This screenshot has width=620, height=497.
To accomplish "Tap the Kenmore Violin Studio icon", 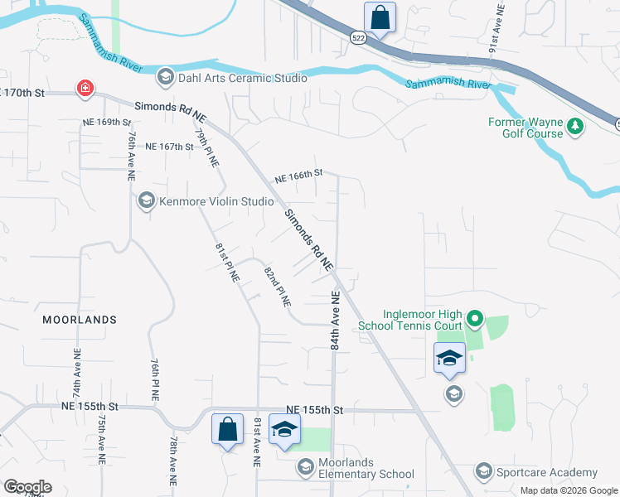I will tap(147, 200).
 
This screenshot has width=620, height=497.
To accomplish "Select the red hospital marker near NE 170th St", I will tap(85, 89).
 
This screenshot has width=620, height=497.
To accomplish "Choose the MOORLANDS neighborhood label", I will tap(80, 320).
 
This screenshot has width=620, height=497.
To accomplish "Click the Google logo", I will tap(27, 487).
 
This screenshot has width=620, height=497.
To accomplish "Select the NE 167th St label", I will tap(169, 147).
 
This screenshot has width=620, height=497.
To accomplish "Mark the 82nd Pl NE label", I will tap(277, 287).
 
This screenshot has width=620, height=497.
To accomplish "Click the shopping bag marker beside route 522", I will tap(380, 17).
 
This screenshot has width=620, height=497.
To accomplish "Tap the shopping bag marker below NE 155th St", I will tap(227, 429).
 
